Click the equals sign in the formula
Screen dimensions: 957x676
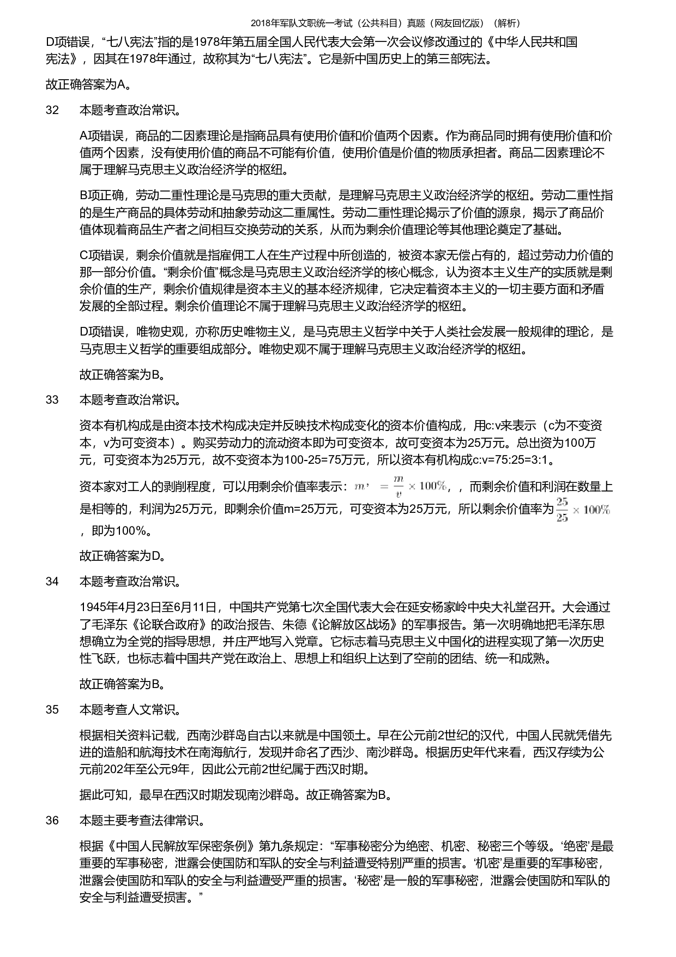(384, 486)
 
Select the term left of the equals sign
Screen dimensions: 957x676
(360, 487)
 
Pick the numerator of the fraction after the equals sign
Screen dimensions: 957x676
(399, 480)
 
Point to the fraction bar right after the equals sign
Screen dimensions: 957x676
(399, 487)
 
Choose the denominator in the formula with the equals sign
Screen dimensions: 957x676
(399, 494)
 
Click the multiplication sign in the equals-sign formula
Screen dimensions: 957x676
(412, 486)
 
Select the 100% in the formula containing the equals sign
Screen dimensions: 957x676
(433, 486)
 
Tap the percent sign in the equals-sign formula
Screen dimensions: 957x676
(442, 486)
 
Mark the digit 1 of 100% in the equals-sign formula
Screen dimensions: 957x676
(422, 486)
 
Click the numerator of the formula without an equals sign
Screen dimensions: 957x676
(562, 502)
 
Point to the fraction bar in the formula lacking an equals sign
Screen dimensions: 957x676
(562, 510)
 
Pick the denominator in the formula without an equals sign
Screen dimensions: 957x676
(562, 517)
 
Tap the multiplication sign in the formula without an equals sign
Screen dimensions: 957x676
(576, 510)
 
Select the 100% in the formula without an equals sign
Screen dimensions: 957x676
(596, 510)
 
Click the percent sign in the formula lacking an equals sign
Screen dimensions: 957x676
(605, 510)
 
